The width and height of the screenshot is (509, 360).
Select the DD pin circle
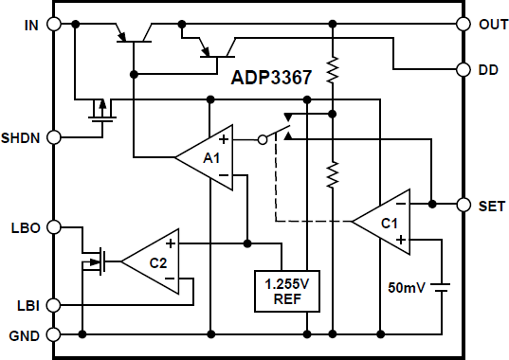[x=464, y=69]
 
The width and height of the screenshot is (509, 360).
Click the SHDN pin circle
[x=54, y=137]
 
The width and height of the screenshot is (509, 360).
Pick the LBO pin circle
[x=54, y=226]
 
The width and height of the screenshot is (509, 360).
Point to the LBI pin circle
[x=54, y=305]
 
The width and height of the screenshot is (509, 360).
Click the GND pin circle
[x=54, y=334]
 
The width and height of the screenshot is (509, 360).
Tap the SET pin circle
[x=464, y=205]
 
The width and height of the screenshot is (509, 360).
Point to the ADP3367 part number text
[x=271, y=80]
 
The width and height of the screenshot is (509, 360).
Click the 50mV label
[x=408, y=286]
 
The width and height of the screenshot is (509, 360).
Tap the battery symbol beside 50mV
[x=442, y=286]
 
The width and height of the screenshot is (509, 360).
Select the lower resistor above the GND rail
[x=333, y=174]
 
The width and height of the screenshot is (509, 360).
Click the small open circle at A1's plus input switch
[x=262, y=139]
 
